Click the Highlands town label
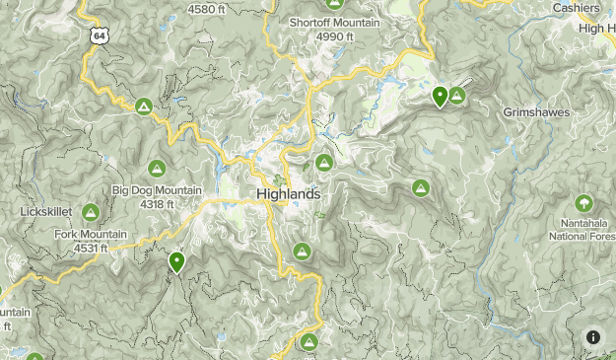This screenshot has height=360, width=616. point(288,194)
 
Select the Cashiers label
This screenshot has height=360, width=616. point(576,8)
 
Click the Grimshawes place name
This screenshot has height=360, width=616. point(536,112)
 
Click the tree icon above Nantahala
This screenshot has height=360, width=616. point(584,203)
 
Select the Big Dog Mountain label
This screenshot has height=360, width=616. point(157,190)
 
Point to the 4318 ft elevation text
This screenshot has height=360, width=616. point(157,204)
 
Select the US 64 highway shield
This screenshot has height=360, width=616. point(97,36)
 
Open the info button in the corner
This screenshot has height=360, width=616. point(593,337)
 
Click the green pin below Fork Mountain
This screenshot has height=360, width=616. point(176,261)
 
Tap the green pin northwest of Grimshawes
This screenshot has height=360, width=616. point(440,96)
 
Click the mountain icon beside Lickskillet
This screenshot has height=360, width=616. point(91,212)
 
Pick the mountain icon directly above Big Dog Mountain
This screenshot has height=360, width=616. point(156,169)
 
